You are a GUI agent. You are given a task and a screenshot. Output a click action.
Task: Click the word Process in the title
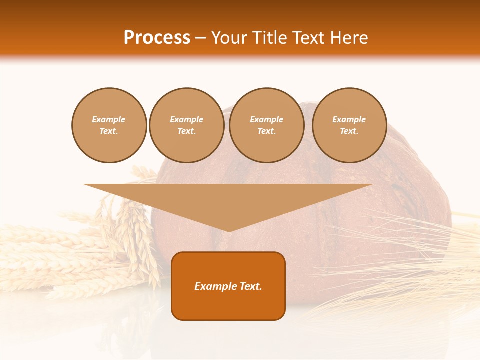click(157, 38)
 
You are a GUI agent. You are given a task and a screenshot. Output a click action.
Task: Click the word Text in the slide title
click(308, 38)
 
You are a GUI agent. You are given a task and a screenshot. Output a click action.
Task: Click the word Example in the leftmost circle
click(109, 119)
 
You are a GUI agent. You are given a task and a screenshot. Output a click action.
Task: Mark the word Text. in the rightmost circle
click(349, 131)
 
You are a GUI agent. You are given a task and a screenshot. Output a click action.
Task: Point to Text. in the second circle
click(187, 131)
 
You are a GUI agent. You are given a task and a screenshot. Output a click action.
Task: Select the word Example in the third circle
click(267, 119)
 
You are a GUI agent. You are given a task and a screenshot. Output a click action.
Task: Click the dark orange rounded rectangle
click(228, 305)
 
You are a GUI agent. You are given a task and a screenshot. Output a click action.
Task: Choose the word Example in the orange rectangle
click(214, 286)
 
